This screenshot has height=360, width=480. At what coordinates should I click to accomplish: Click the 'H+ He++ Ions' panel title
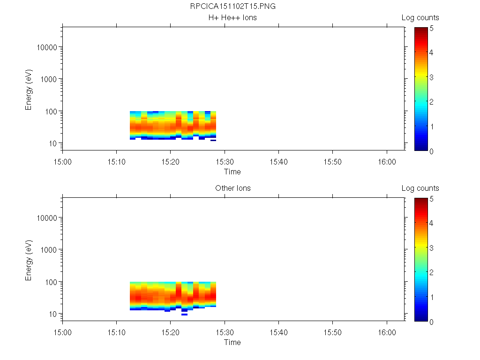coord(232,18)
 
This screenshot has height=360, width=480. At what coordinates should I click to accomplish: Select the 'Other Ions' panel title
coord(232,188)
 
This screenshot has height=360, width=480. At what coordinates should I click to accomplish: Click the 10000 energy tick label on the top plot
coord(47,48)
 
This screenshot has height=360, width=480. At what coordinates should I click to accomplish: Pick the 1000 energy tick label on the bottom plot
coord(49,250)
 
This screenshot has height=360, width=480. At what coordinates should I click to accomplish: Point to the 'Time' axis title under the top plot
coord(232,172)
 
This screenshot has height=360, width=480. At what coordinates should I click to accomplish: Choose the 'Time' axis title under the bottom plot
coord(232,343)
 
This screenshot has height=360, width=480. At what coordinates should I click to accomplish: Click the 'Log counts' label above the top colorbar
coord(420,18)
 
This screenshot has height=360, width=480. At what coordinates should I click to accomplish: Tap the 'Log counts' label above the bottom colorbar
coord(420,188)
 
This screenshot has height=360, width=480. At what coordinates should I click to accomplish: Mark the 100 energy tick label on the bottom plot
coord(51,282)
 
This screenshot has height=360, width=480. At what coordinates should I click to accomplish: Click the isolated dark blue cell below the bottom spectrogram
coord(184,315)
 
